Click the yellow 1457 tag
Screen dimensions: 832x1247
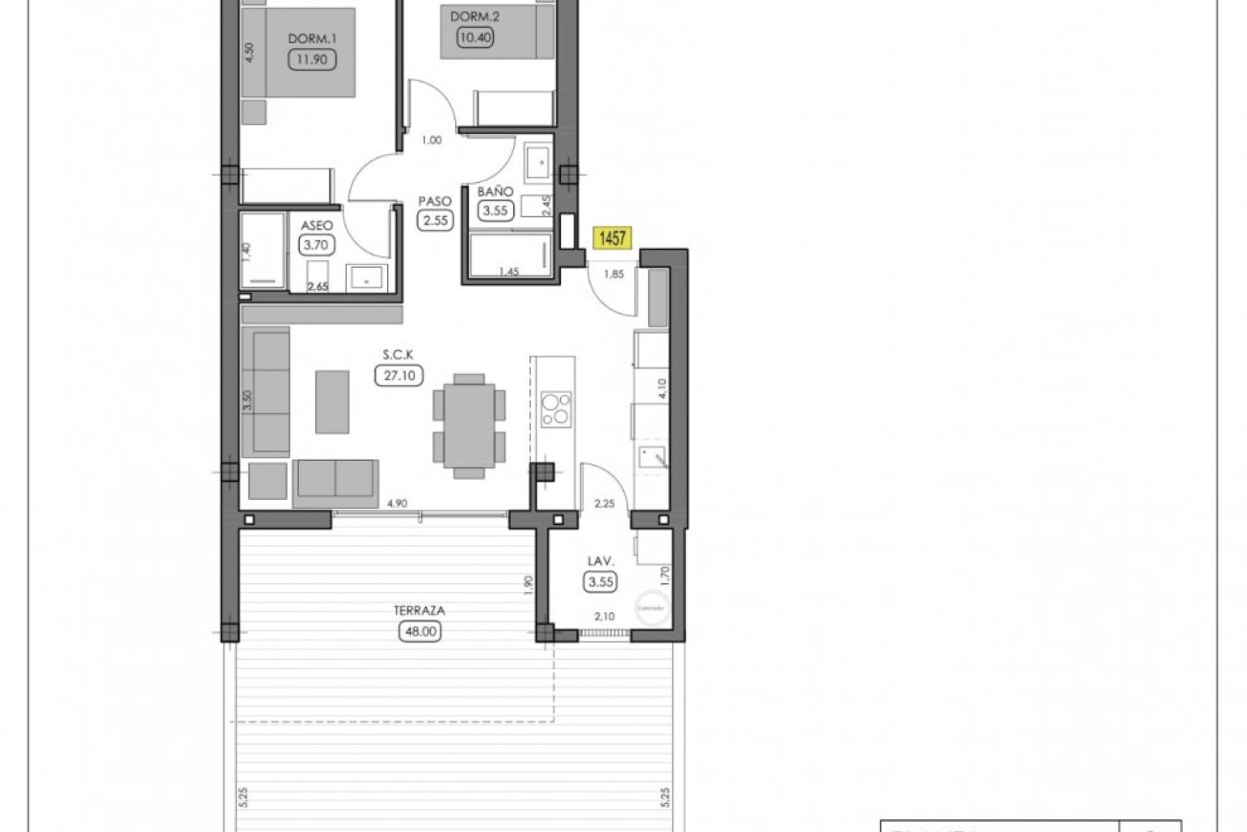pos(612,239)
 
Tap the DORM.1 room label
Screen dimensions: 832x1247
pos(312,40)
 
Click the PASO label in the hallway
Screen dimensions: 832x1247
pos(435,202)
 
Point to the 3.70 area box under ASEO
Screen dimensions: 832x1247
pos(316,245)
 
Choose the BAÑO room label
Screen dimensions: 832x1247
pos(495,192)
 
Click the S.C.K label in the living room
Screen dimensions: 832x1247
pos(398,355)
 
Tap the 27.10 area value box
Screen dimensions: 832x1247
pos(399,376)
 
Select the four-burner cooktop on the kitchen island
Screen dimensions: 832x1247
pos(556,409)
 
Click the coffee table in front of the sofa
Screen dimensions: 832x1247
pos(332,402)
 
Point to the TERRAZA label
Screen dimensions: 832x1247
pos(419,611)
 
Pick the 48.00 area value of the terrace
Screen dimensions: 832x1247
pos(419,630)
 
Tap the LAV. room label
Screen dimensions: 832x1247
pos(600,561)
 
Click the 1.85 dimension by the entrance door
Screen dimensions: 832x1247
pos(614,274)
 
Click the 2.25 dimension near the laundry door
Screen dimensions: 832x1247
pos(604,502)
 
